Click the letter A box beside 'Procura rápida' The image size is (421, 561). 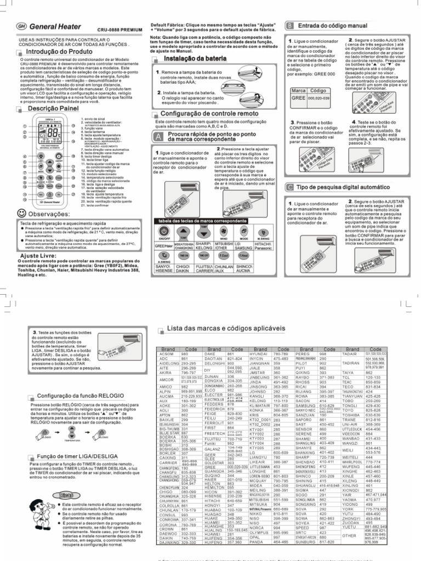158,135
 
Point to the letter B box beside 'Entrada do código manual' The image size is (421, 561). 289,26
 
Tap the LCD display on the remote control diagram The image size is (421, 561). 53,133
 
